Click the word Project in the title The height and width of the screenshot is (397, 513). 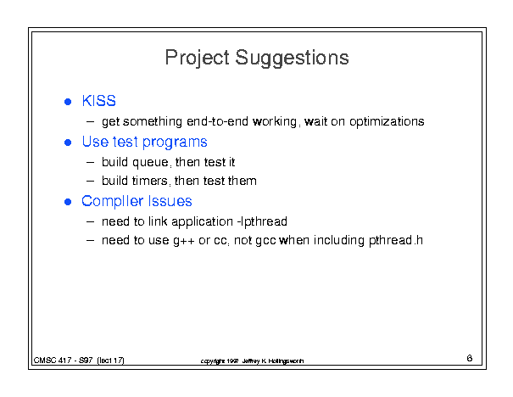[x=197, y=58]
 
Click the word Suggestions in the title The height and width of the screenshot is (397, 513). [x=292, y=58]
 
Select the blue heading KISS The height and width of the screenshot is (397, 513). [x=99, y=100]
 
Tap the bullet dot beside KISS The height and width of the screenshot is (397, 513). [x=68, y=102]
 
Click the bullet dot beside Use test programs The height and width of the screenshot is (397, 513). [x=68, y=143]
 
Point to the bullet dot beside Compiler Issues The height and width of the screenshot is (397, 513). [x=68, y=202]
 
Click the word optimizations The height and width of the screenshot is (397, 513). [x=387, y=122]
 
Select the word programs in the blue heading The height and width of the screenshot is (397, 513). [x=175, y=143]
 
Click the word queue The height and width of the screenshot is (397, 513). [x=150, y=163]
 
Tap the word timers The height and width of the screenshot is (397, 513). [x=149, y=181]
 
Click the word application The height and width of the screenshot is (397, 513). [x=202, y=221]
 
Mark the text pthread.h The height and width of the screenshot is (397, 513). [x=396, y=241]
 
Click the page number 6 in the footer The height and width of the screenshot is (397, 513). [x=470, y=358]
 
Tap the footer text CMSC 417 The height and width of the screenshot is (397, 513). [x=53, y=361]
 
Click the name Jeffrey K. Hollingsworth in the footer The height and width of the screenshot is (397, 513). [x=273, y=361]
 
